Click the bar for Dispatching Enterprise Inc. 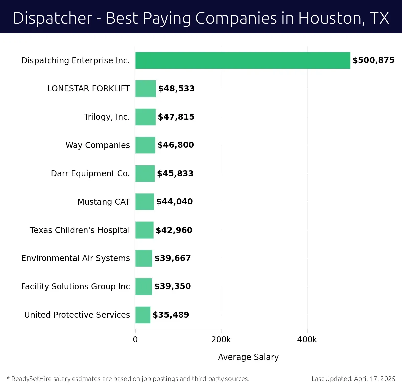[x=243, y=60]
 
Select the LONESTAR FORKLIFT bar [x=146, y=89]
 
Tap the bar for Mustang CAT [x=145, y=202]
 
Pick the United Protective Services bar [x=143, y=315]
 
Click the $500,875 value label [x=373, y=60]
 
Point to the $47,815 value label [x=176, y=117]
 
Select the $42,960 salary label [x=174, y=230]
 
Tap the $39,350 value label [x=172, y=286]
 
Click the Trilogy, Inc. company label [x=107, y=117]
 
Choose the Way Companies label [x=97, y=145]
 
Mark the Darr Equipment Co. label [x=90, y=174]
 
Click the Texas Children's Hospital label [x=80, y=230]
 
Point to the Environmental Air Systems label [x=75, y=258]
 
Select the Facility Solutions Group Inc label [x=75, y=287]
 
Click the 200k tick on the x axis [x=221, y=340]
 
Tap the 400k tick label [x=307, y=340]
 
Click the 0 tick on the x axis [x=135, y=340]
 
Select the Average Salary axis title [x=248, y=357]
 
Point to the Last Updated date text [x=353, y=379]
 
